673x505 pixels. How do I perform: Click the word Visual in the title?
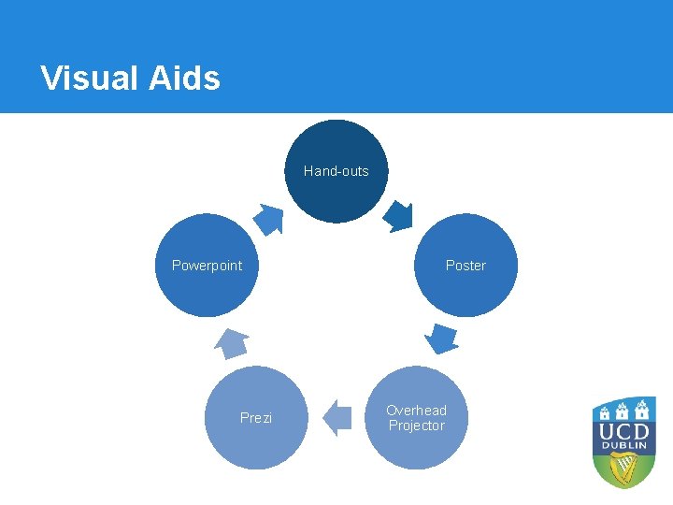pyautogui.click(x=90, y=78)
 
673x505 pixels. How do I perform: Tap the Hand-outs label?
pyautogui.click(x=336, y=171)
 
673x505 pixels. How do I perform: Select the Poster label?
pyautogui.click(x=465, y=266)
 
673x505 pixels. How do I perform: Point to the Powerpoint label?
pyautogui.click(x=207, y=266)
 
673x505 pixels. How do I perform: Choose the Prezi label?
pyautogui.click(x=256, y=418)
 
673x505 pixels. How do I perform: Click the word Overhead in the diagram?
pyautogui.click(x=417, y=411)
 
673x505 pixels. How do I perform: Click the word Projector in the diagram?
pyautogui.click(x=417, y=426)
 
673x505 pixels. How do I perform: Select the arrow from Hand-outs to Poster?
pyautogui.click(x=399, y=218)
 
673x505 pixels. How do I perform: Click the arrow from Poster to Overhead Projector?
pyautogui.click(x=440, y=337)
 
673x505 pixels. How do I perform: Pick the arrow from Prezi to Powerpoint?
pyautogui.click(x=232, y=343)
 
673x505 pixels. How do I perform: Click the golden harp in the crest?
pyautogui.click(x=624, y=472)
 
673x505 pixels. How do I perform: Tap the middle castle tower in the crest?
pyautogui.click(x=623, y=409)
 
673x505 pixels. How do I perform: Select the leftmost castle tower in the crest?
pyautogui.click(x=604, y=411)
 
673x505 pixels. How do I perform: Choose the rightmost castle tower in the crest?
pyautogui.click(x=643, y=411)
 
